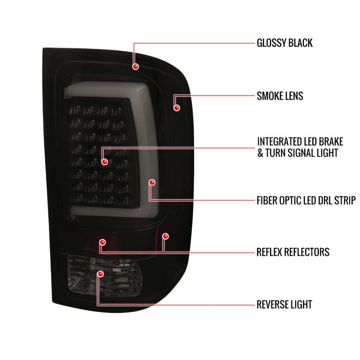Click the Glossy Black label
tap(284, 43)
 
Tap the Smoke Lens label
tap(280, 96)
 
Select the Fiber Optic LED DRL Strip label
tap(306, 200)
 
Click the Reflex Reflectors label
tap(293, 252)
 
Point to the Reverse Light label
tap(284, 305)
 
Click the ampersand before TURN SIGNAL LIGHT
tap(260, 153)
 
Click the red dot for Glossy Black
tap(135, 66)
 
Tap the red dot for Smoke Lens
tap(176, 108)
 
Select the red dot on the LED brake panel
tap(104, 162)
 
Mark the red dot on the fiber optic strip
tap(152, 182)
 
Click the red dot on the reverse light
tap(100, 274)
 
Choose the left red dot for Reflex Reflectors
tap(102, 242)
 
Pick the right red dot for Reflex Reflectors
tap(165, 236)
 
